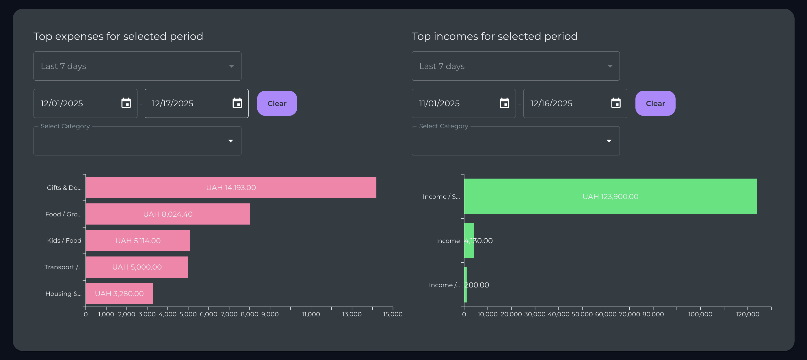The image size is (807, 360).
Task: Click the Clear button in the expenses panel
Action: pyautogui.click(x=277, y=103)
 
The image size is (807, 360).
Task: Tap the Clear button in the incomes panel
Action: pyautogui.click(x=655, y=103)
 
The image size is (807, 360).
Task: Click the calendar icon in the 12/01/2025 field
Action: pyautogui.click(x=126, y=103)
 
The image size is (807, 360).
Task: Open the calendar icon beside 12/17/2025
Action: pyautogui.click(x=237, y=103)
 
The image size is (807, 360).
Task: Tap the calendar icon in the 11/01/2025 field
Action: pyautogui.click(x=504, y=103)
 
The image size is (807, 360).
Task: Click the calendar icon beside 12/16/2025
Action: pyautogui.click(x=616, y=103)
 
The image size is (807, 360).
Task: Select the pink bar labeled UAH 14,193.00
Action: pyautogui.click(x=231, y=187)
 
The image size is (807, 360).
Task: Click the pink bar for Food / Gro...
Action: pyautogui.click(x=168, y=214)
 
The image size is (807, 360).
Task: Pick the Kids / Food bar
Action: pyautogui.click(x=138, y=241)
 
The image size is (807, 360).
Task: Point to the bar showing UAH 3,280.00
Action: pyautogui.click(x=119, y=294)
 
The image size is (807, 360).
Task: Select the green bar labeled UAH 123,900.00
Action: pyautogui.click(x=610, y=196)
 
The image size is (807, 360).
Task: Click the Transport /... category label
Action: pyautogui.click(x=63, y=267)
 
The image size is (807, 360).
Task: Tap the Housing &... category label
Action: pyautogui.click(x=63, y=294)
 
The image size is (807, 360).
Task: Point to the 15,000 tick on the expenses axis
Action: pyautogui.click(x=393, y=314)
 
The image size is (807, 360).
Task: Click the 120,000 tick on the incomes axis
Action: pyautogui.click(x=748, y=314)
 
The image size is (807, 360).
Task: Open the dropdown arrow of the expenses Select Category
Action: pyautogui.click(x=230, y=141)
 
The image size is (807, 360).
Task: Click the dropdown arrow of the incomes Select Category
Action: pyautogui.click(x=609, y=141)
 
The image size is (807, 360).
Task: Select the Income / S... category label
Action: pyautogui.click(x=441, y=196)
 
